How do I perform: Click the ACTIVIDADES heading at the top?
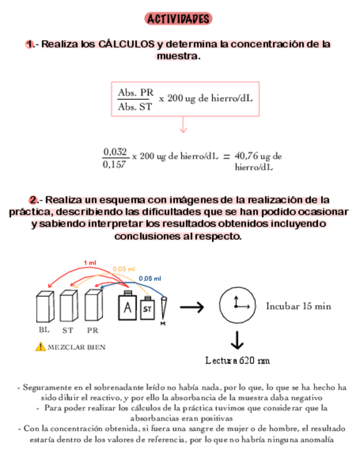pyautogui.click(x=179, y=19)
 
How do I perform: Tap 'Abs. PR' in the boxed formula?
pyautogui.click(x=136, y=93)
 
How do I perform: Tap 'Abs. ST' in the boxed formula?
pyautogui.click(x=135, y=107)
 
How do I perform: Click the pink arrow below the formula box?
pyautogui.click(x=183, y=127)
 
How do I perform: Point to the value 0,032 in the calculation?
pyautogui.click(x=115, y=151)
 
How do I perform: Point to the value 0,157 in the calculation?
pyautogui.click(x=115, y=163)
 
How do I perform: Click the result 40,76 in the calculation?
pyautogui.click(x=246, y=156)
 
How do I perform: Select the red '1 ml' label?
pyautogui.click(x=89, y=263)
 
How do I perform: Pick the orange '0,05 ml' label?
pyautogui.click(x=124, y=269)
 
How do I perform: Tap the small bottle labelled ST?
pyautogui.click(x=147, y=308)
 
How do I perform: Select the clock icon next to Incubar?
pyautogui.click(x=237, y=305)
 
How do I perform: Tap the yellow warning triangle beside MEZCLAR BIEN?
pyautogui.click(x=40, y=347)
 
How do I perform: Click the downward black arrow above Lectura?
pyautogui.click(x=237, y=341)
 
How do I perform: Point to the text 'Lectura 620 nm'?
pyautogui.click(x=237, y=361)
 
